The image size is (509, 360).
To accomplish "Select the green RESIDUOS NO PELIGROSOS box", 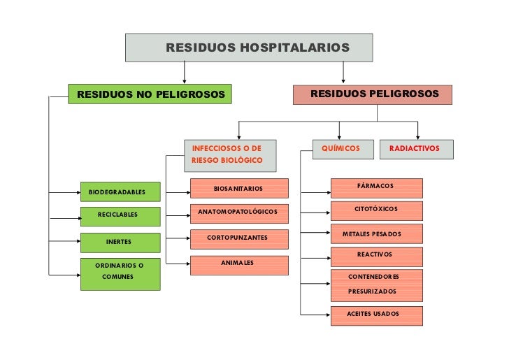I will point(150,94).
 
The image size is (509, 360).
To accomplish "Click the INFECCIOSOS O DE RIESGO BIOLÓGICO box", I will point(230,154).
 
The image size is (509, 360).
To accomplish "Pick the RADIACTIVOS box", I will point(416,149).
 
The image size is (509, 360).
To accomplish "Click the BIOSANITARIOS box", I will point(238,188).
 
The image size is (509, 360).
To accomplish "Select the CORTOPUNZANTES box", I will point(238,239).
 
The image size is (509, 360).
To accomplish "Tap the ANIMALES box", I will point(238,264).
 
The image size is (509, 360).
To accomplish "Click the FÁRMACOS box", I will point(376,187).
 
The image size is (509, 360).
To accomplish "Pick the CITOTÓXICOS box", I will point(376,210).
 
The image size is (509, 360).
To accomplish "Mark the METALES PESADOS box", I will point(376,233).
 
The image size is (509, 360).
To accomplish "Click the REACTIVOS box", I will point(376,256).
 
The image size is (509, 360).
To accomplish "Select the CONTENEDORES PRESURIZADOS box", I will point(376,284).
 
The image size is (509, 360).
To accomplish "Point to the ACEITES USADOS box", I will point(376,315).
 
